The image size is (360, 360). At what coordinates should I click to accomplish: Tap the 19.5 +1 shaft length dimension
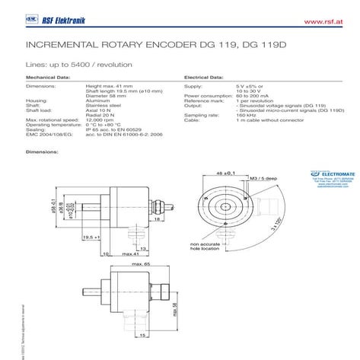coord(91,237)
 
